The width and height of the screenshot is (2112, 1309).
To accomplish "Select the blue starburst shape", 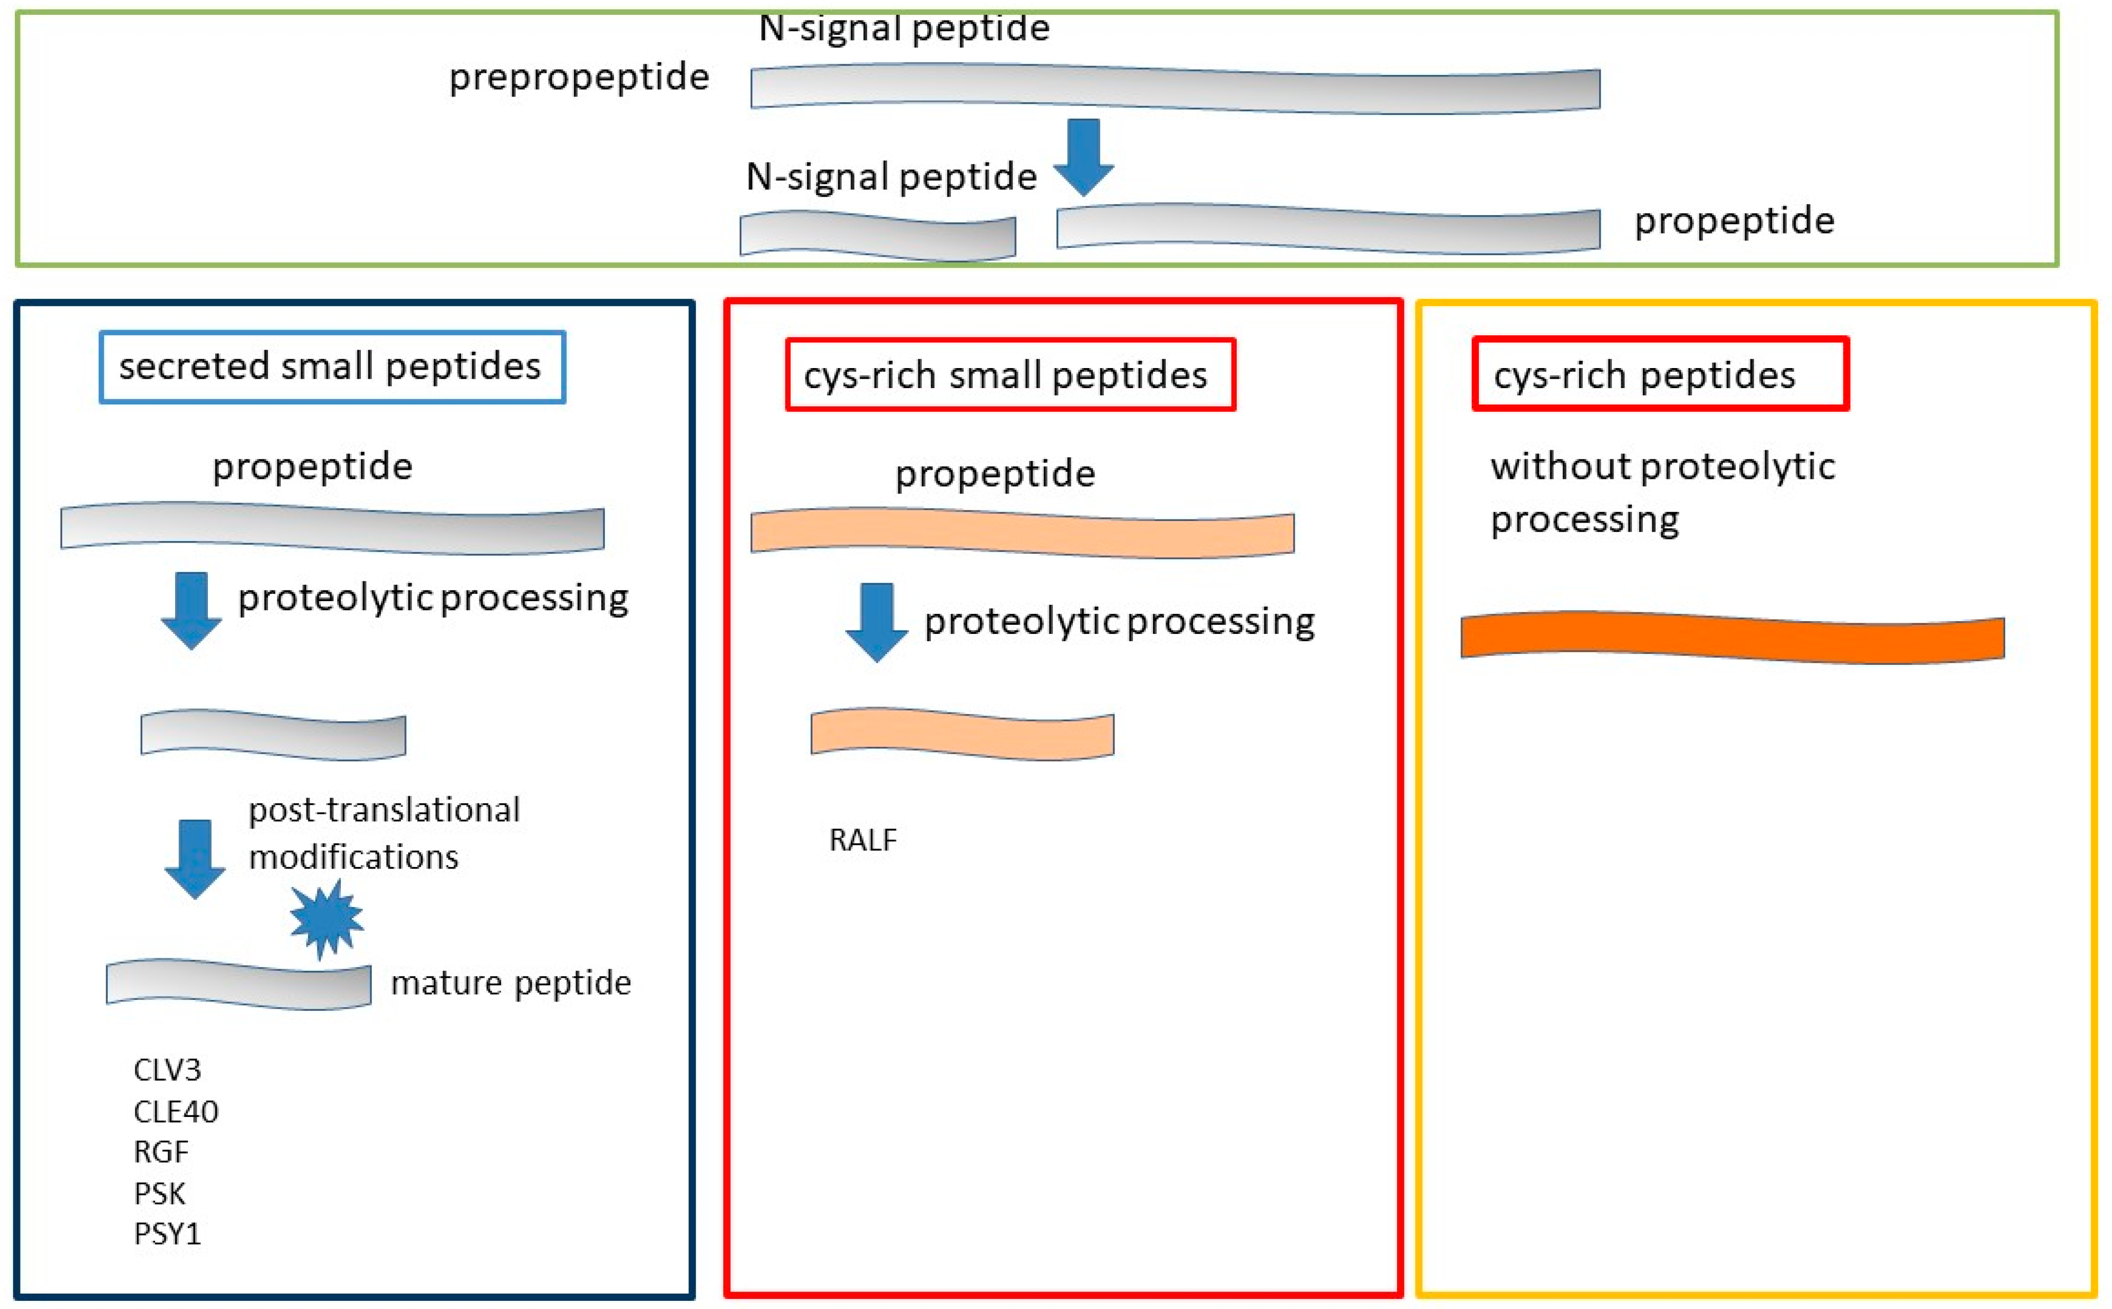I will point(325,919).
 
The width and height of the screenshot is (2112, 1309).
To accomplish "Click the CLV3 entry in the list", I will point(167,1071).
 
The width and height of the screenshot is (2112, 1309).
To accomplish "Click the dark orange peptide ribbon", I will point(1732,637).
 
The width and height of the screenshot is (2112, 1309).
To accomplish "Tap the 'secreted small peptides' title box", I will point(332,367).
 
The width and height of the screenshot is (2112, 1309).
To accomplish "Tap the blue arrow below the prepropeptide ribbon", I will point(1083,156).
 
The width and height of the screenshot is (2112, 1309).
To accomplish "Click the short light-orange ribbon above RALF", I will point(962,734).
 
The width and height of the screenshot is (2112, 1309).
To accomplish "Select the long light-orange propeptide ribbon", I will point(1022,532).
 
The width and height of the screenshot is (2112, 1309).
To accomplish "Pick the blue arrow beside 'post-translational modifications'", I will point(195,858).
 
